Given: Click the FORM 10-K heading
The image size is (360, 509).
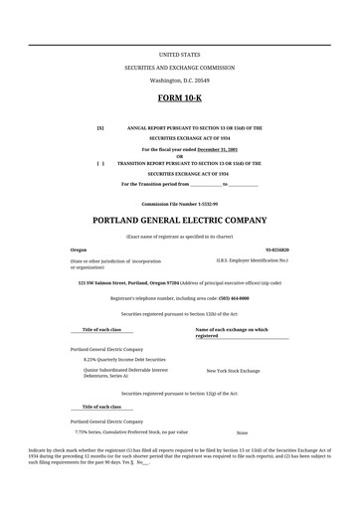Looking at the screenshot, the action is [179, 99].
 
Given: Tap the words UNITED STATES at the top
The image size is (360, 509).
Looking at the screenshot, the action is [179, 54].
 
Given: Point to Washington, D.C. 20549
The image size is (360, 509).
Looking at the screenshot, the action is [179, 79].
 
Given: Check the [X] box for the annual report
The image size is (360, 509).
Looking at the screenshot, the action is [99, 128].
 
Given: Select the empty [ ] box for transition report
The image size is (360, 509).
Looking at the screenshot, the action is [99, 162].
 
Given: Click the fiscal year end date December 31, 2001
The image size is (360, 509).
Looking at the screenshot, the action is [217, 148].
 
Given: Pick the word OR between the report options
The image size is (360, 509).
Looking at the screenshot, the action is [179, 155].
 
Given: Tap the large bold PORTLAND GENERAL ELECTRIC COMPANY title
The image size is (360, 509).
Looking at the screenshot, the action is [179, 220].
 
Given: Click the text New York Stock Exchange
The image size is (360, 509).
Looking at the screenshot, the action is [233, 370].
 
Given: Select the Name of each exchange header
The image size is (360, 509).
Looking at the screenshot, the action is [232, 329].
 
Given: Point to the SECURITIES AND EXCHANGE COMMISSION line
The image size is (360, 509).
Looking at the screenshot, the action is [179, 67].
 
